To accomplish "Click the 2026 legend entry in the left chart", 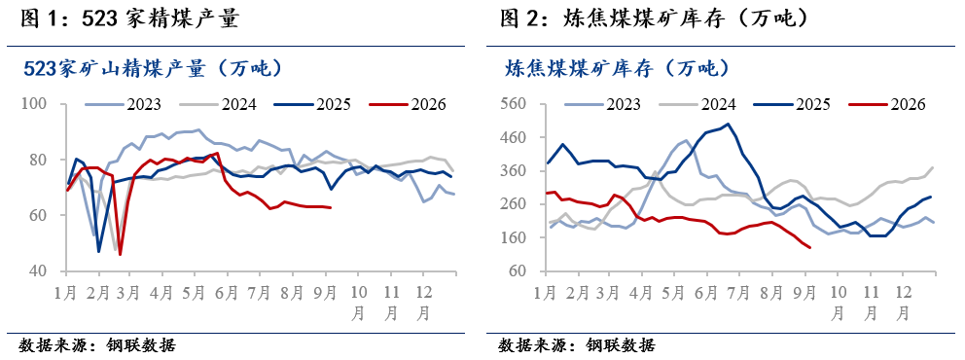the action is (407, 104).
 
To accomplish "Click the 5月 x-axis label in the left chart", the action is (194, 292).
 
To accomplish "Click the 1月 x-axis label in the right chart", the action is (546, 292).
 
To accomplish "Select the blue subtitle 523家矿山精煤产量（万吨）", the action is (154, 68).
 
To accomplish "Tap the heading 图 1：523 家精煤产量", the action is (129, 19).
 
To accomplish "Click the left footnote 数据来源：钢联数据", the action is (97, 344).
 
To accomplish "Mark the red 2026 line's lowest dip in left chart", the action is (120, 254).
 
